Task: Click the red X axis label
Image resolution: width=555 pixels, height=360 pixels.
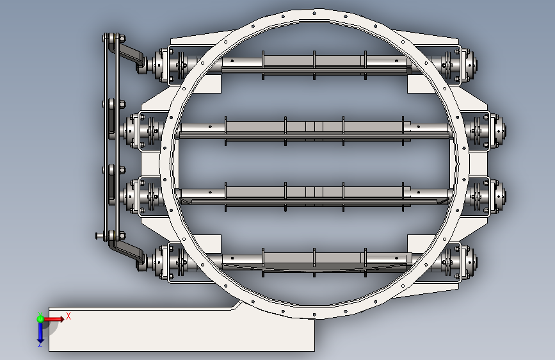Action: point(68,316)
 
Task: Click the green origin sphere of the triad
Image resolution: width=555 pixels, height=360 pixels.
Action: point(40,319)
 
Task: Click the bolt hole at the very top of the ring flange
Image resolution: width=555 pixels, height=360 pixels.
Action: point(314,13)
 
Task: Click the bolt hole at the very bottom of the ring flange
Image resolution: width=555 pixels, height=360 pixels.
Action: point(314,314)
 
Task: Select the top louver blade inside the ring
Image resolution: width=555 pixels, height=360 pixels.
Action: point(314,65)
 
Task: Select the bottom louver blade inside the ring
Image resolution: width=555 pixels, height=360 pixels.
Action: point(314,263)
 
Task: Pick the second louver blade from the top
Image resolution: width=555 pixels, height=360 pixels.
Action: point(314,131)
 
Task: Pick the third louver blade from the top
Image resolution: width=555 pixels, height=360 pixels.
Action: point(314,196)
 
